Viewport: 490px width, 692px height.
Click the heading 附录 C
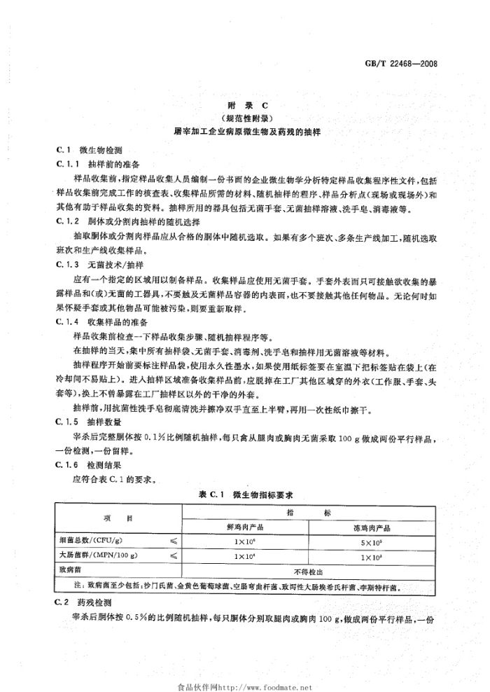(x=244, y=105)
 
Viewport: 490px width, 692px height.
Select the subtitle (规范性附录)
(x=244, y=118)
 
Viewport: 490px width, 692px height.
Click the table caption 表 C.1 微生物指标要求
(x=244, y=495)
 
